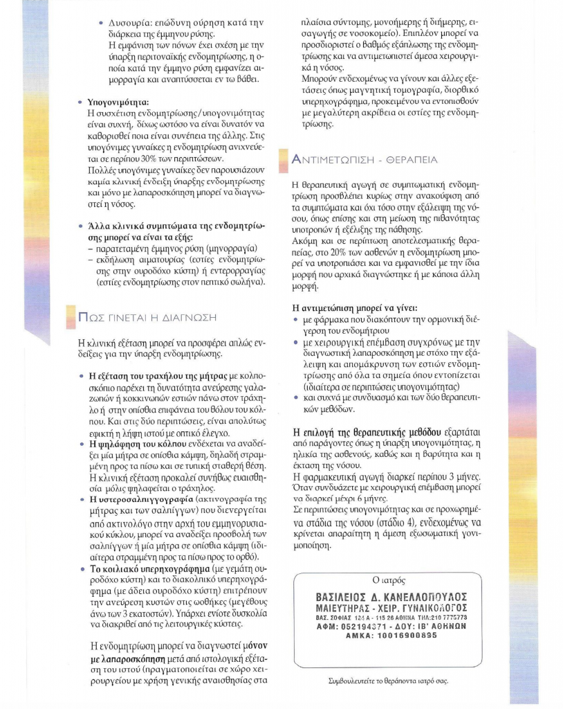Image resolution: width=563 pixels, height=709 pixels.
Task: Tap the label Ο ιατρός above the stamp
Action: (386, 579)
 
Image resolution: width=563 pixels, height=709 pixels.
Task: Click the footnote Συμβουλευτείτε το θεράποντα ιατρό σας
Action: (387, 681)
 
